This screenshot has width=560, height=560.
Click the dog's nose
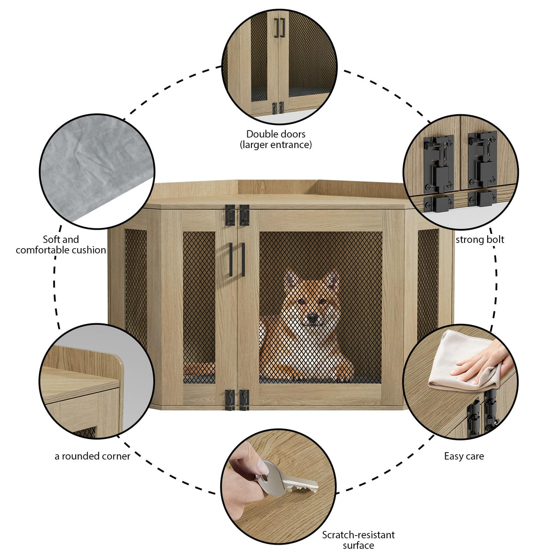[x=313, y=317]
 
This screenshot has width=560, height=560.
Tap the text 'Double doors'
[x=275, y=134]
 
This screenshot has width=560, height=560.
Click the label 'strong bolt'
[x=480, y=240]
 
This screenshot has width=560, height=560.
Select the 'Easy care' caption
[x=464, y=456]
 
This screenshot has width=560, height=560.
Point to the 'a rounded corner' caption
[x=92, y=456]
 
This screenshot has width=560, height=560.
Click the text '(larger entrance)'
[x=275, y=145]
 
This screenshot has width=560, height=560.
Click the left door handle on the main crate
[x=231, y=259]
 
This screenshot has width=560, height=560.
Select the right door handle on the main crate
[x=243, y=259]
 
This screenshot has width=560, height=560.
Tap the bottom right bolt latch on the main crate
[x=244, y=399]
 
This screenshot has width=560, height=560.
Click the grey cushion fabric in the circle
[x=92, y=166]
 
